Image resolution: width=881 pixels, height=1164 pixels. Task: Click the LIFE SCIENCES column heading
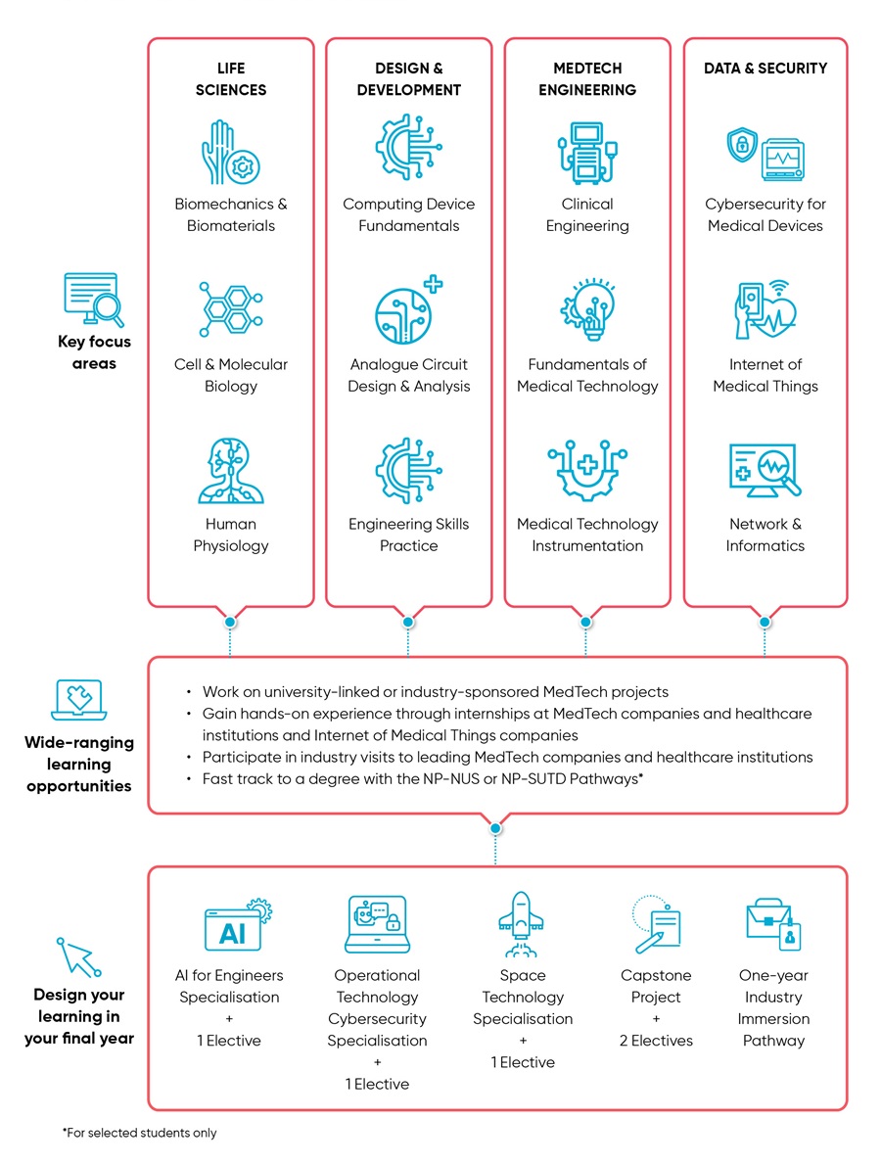tap(230, 78)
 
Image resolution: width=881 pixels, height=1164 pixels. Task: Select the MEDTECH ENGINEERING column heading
tap(586, 78)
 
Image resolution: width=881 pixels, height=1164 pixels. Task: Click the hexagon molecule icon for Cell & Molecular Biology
tap(230, 311)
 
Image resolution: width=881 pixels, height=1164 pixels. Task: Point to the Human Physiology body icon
tap(230, 471)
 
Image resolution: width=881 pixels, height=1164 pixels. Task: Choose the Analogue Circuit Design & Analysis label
tap(408, 375)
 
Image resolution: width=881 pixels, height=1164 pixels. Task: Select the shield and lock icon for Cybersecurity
tap(741, 146)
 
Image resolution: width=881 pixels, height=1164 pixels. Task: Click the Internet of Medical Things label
tap(765, 375)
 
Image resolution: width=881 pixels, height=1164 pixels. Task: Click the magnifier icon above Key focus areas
tap(93, 299)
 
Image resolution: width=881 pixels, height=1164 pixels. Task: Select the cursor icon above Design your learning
tap(78, 956)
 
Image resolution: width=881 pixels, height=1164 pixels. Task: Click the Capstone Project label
tap(656, 986)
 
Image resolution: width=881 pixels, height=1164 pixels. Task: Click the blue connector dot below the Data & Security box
tap(765, 622)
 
